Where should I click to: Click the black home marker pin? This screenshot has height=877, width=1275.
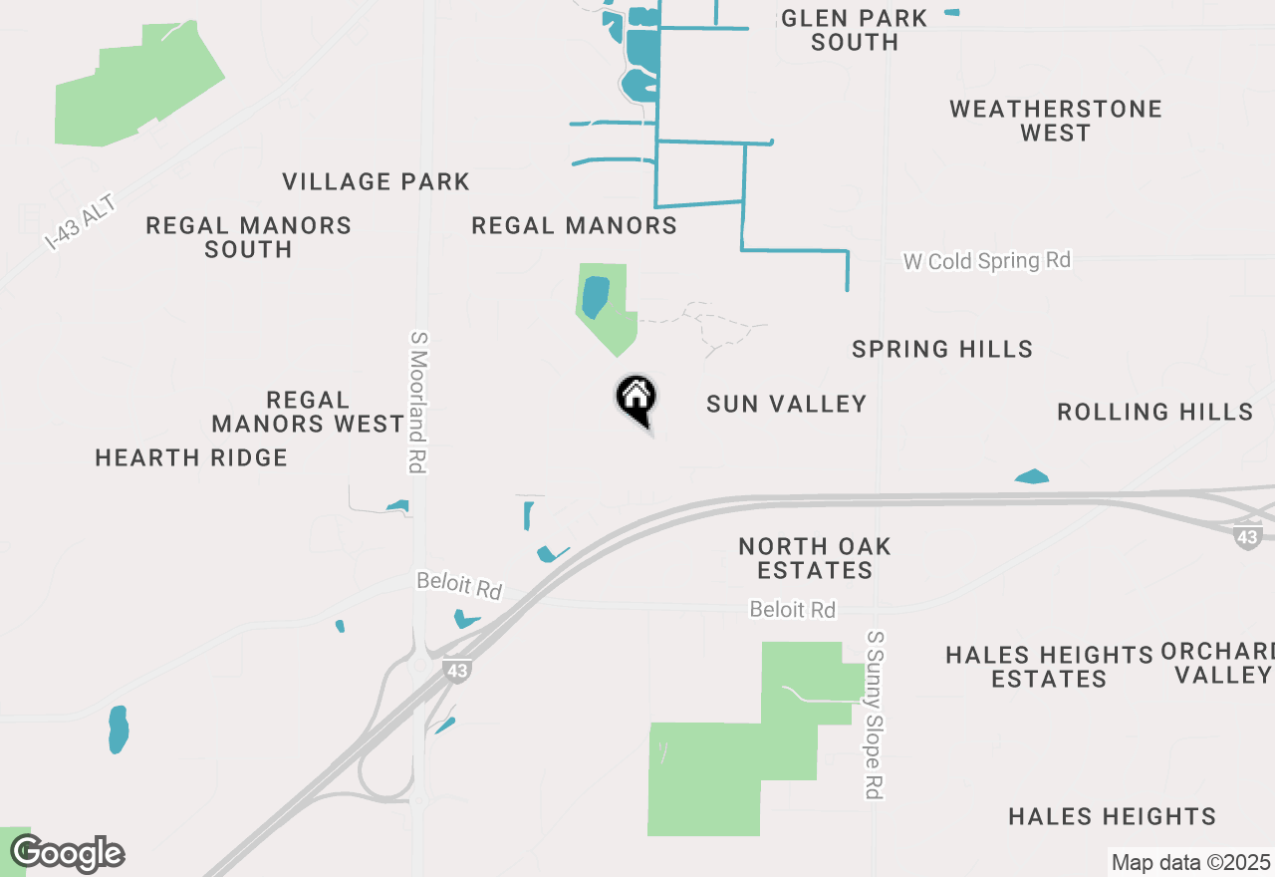[636, 399]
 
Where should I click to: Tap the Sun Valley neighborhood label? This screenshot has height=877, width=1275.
[786, 404]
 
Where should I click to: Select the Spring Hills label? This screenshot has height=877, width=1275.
[942, 349]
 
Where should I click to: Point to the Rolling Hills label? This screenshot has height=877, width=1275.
[1154, 412]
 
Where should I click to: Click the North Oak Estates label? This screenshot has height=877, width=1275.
[815, 558]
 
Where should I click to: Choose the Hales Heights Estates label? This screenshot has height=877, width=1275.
[1049, 667]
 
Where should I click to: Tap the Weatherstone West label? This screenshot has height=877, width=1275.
[1056, 121]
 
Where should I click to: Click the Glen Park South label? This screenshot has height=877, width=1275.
[855, 30]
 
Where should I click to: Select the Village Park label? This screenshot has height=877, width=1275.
[376, 181]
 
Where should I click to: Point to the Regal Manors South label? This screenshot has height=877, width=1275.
[249, 237]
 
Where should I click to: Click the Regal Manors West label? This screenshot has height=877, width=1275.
[308, 412]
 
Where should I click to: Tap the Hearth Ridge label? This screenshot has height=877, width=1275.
[191, 457]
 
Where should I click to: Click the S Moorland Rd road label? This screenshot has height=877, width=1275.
[417, 402]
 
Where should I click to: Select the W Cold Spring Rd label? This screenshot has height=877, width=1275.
[986, 261]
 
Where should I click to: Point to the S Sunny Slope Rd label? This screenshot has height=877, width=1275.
[875, 714]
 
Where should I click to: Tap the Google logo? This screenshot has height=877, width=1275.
[68, 854]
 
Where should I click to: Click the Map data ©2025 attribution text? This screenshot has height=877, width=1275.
[1190, 862]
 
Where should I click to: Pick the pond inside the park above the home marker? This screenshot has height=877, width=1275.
[595, 297]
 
